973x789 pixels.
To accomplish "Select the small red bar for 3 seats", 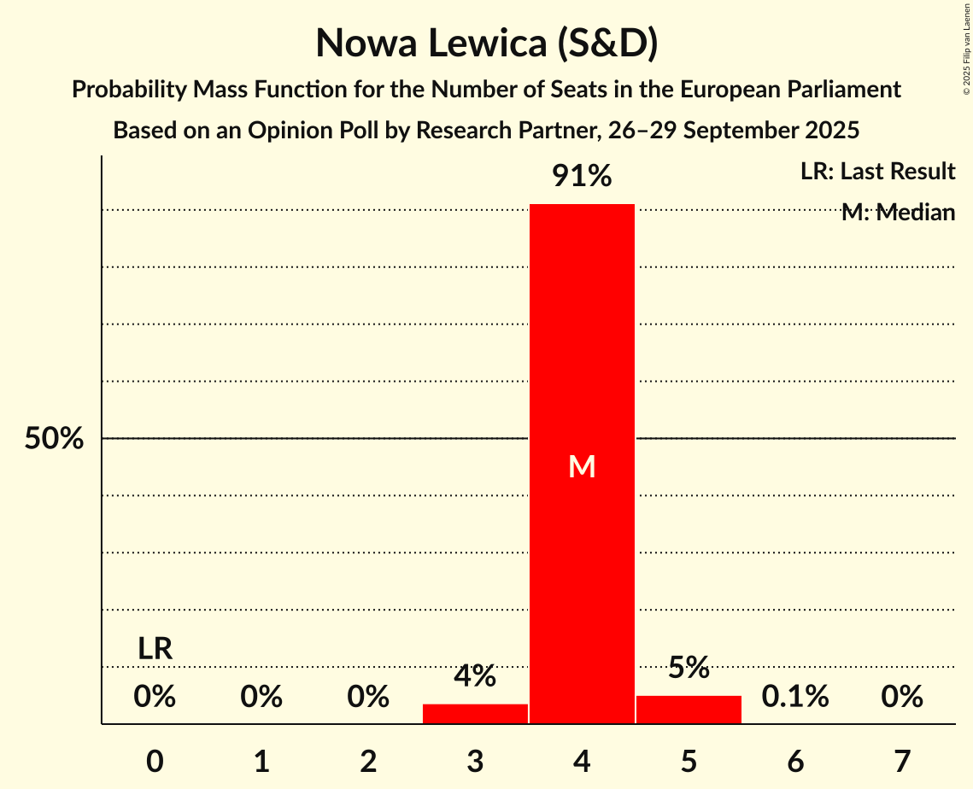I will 475,714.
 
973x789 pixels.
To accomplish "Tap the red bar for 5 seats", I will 689,710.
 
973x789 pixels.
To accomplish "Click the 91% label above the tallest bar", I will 582,177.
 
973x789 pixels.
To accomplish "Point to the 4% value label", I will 475,676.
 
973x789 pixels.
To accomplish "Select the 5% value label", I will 689,668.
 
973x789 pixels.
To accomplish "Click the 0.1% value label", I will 795,697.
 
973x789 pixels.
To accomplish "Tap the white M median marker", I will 582,466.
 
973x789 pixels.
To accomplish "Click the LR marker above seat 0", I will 155,649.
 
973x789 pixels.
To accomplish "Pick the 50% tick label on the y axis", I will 54,439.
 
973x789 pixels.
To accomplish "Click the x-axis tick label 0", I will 155,761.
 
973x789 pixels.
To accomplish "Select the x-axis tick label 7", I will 902,761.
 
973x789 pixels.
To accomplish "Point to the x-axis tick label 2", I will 368,761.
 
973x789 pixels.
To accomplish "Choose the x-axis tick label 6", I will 795,761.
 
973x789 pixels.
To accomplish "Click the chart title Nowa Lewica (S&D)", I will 486,44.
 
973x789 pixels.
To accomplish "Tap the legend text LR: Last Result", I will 877,172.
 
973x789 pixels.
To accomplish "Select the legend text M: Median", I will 898,213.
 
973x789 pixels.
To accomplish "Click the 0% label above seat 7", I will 902,697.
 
